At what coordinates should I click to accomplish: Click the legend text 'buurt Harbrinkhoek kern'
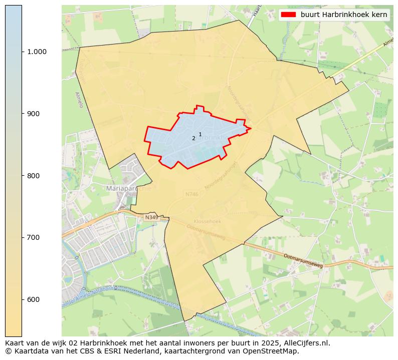[344, 15]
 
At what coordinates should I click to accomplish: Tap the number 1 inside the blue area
[200, 134]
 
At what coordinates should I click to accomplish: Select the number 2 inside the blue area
[193, 139]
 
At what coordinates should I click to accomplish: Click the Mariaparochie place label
[129, 188]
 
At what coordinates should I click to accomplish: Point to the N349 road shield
[151, 218]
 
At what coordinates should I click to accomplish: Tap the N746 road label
[191, 194]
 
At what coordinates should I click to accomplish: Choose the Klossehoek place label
[207, 221]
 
